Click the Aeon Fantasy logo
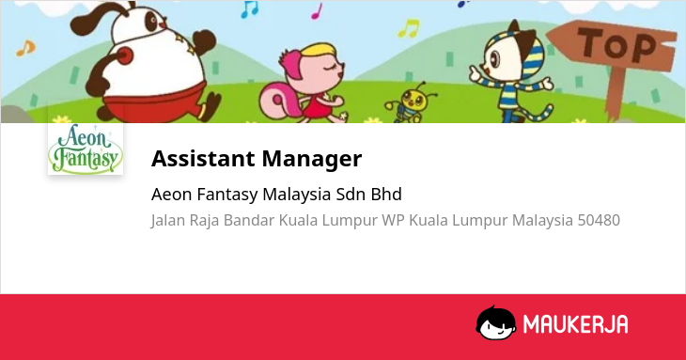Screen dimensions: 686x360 [86, 149]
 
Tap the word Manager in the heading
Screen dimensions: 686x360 [312, 158]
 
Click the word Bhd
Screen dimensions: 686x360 [386, 195]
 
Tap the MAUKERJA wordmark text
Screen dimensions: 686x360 [576, 324]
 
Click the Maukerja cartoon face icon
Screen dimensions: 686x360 [495, 323]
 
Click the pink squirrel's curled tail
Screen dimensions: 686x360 [274, 101]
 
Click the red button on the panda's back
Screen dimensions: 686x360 [124, 55]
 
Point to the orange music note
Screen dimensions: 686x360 [25, 48]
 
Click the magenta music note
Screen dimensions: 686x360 [317, 11]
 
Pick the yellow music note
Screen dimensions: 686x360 [409, 28]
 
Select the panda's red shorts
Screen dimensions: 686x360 [155, 102]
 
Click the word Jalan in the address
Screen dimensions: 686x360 [168, 221]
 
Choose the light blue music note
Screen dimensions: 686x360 [249, 9]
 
